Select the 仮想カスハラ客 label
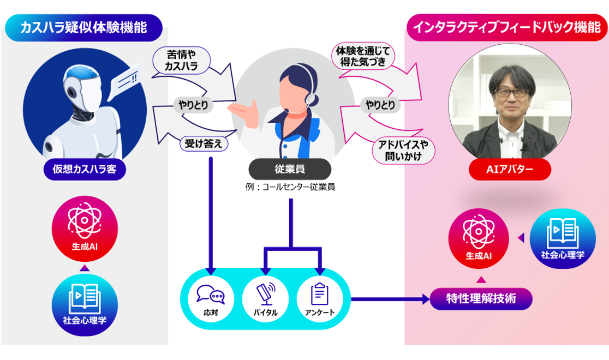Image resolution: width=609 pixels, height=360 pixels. click(85, 171)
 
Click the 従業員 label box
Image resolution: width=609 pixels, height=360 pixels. click(290, 170)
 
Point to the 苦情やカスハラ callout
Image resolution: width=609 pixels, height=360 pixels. click(180, 61)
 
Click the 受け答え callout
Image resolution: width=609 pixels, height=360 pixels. click(204, 143)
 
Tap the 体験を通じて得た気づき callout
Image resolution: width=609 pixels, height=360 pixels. click(362, 57)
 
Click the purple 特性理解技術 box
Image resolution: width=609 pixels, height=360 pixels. click(480, 298)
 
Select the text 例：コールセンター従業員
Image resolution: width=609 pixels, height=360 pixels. click(290, 187)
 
